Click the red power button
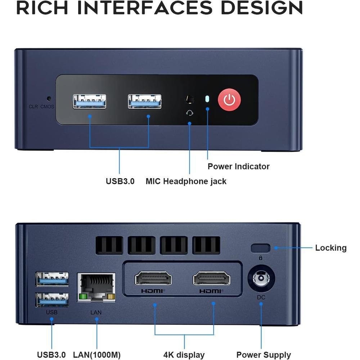click(229, 99)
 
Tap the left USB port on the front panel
click(90, 101)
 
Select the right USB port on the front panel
click(145, 101)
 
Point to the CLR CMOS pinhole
click(49, 99)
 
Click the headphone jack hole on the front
click(190, 99)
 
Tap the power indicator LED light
click(207, 99)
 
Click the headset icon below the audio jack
click(189, 113)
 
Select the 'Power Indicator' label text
click(239, 166)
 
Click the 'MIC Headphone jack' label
click(186, 181)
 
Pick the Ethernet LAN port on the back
click(96, 287)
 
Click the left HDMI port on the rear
click(153, 278)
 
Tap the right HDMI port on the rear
click(211, 278)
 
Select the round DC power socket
click(261, 279)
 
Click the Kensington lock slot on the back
click(261, 248)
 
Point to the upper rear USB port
click(52, 279)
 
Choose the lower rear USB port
click(52, 300)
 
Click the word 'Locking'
click(331, 248)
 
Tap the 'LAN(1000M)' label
click(96, 355)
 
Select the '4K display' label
click(184, 355)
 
